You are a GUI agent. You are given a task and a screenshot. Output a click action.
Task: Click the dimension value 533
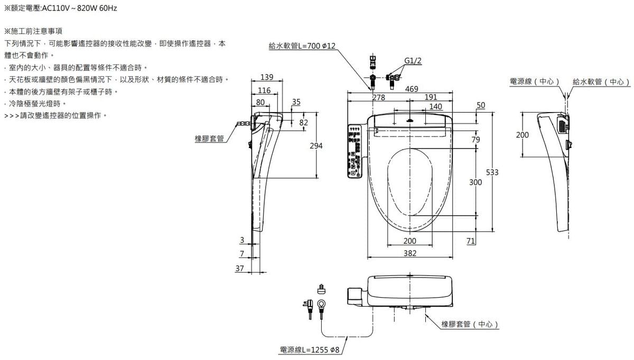point(492,173)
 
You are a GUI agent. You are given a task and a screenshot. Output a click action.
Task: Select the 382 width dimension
point(410,253)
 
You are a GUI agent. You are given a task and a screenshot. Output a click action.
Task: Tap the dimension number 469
point(412,88)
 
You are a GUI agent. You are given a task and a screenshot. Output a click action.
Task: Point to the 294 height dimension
point(316,145)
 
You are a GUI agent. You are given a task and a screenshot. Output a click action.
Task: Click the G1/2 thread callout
point(413,60)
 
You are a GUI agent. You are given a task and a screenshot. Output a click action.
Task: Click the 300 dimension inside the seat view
point(475,182)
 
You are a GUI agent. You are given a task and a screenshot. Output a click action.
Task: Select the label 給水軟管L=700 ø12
point(302,47)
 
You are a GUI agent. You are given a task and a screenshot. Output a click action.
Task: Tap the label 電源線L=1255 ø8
point(310,349)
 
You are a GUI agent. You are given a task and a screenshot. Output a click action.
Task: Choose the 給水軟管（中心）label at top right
point(602,81)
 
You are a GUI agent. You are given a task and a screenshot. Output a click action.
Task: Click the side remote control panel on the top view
point(354,151)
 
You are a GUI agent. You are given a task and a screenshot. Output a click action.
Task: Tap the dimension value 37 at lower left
point(240,268)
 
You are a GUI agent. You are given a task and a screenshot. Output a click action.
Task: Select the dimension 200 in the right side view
point(522,135)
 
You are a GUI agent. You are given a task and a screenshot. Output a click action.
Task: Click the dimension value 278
point(378,97)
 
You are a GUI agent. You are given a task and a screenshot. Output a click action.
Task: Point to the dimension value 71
point(471,241)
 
